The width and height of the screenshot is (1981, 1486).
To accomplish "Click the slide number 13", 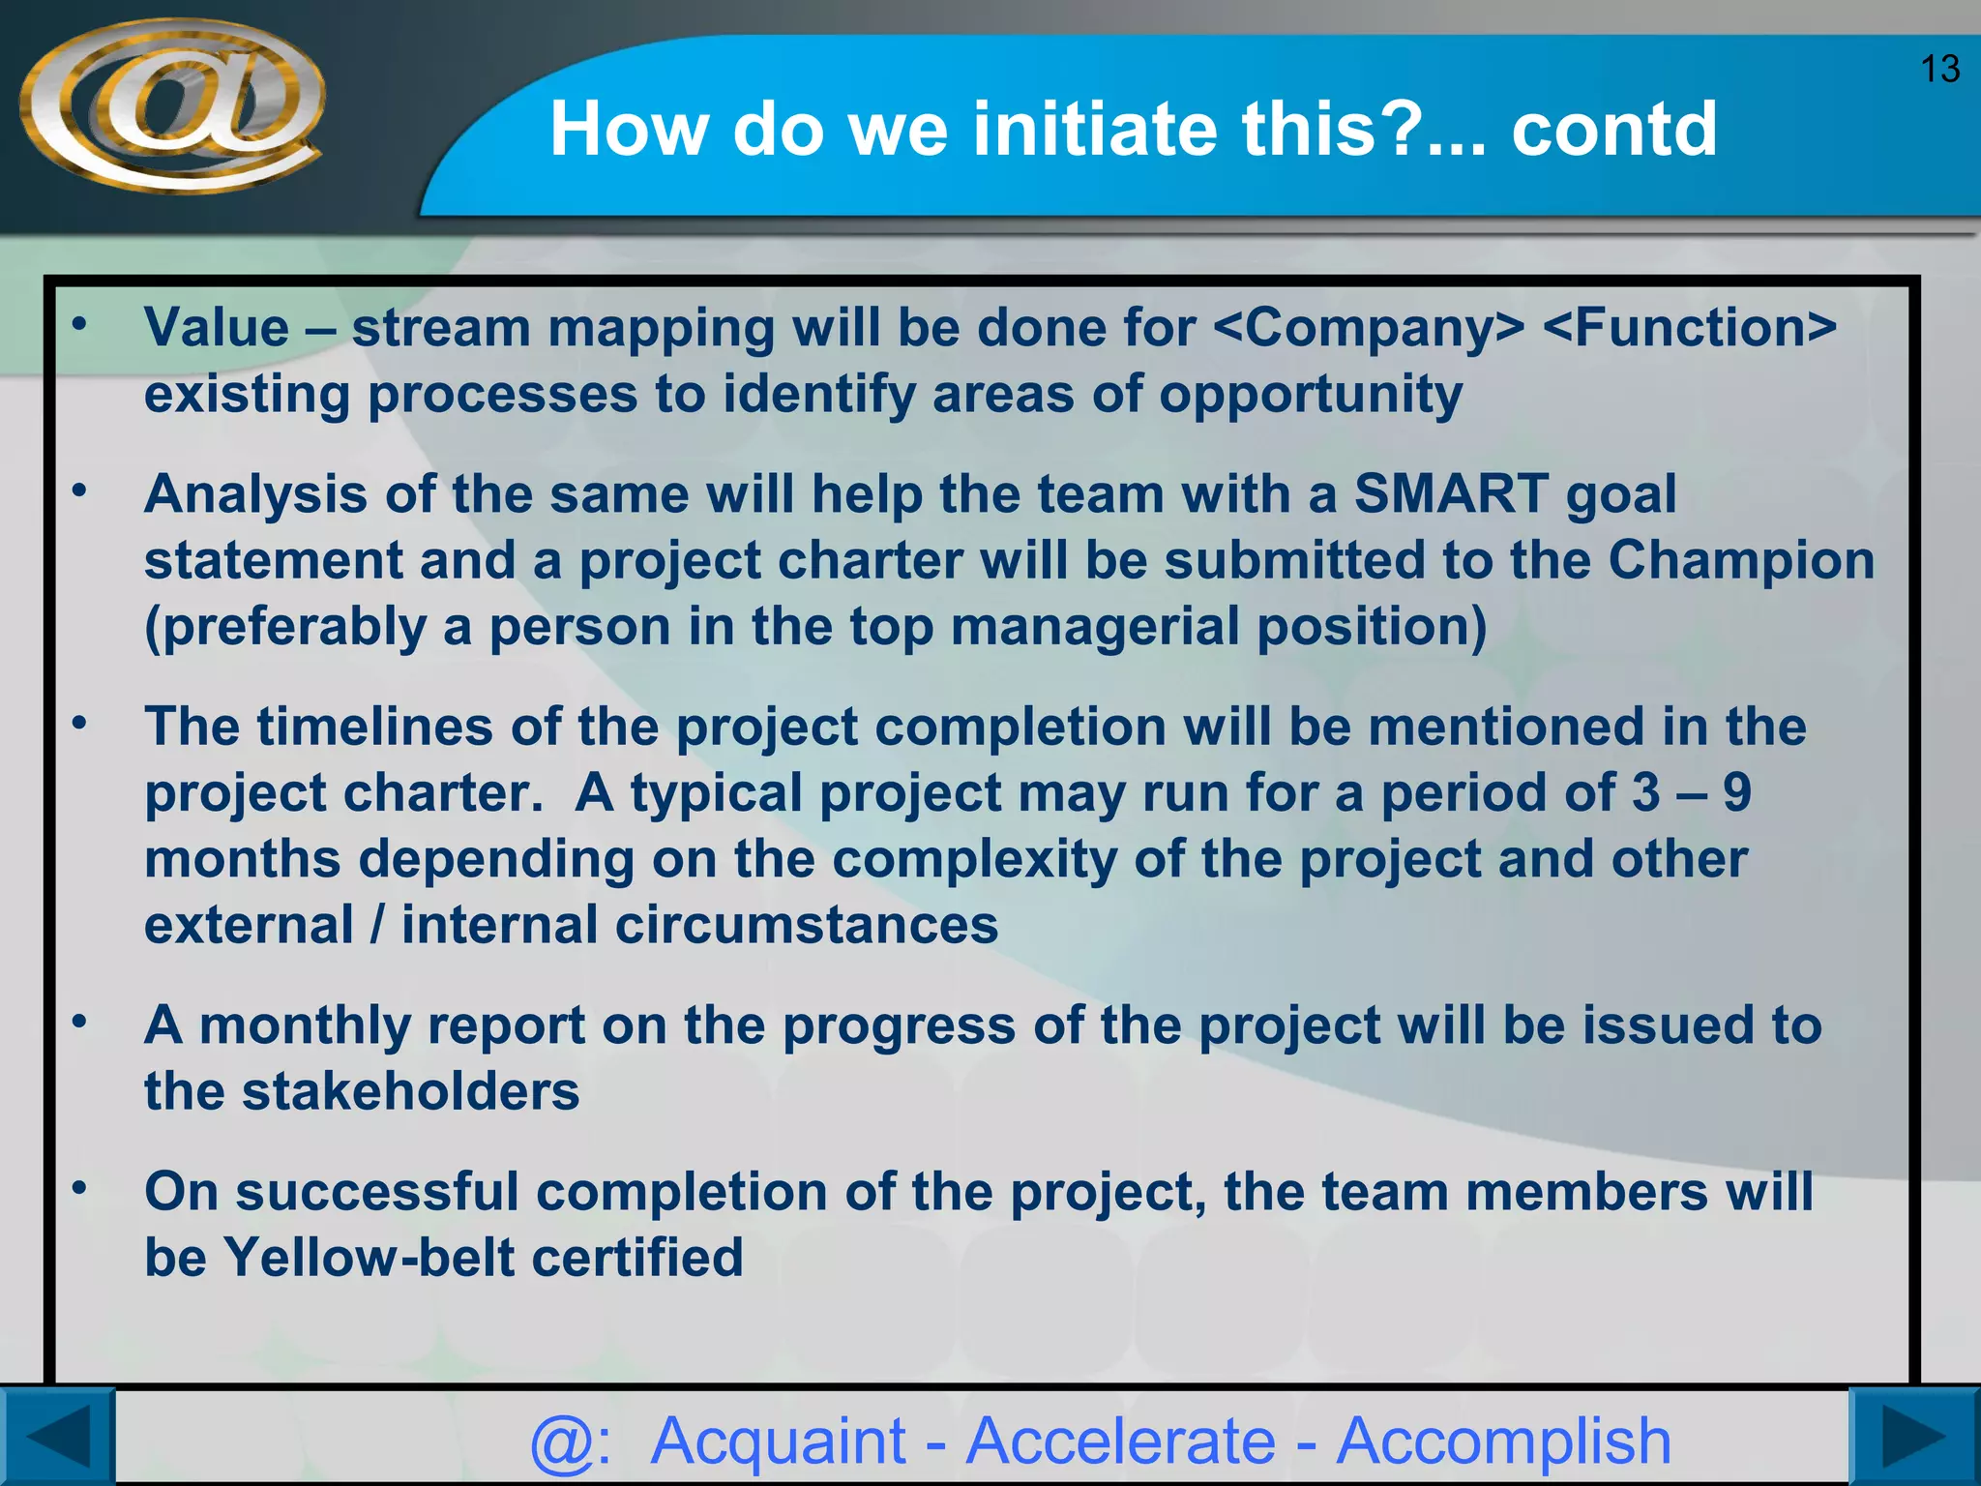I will [1939, 70].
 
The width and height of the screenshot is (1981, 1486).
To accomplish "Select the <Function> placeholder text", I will [1689, 328].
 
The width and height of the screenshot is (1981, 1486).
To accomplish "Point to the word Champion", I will [1741, 560].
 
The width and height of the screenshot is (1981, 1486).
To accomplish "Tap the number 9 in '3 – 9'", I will [1737, 792].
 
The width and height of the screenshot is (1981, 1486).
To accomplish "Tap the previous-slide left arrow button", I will [56, 1438].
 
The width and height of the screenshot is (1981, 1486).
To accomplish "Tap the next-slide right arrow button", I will [1913, 1438].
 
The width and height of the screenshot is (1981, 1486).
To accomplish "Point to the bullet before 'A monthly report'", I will [80, 1022].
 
